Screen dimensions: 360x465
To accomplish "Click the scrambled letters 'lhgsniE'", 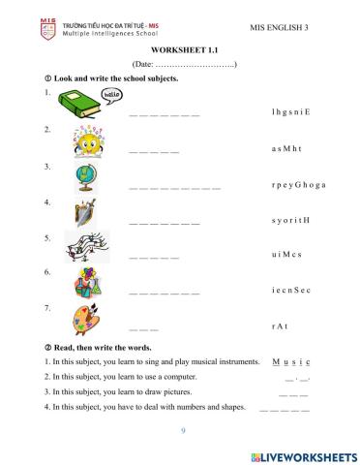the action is (291, 112).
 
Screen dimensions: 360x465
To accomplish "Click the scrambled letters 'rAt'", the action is (280, 325).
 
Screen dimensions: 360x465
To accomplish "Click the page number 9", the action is (180, 430).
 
